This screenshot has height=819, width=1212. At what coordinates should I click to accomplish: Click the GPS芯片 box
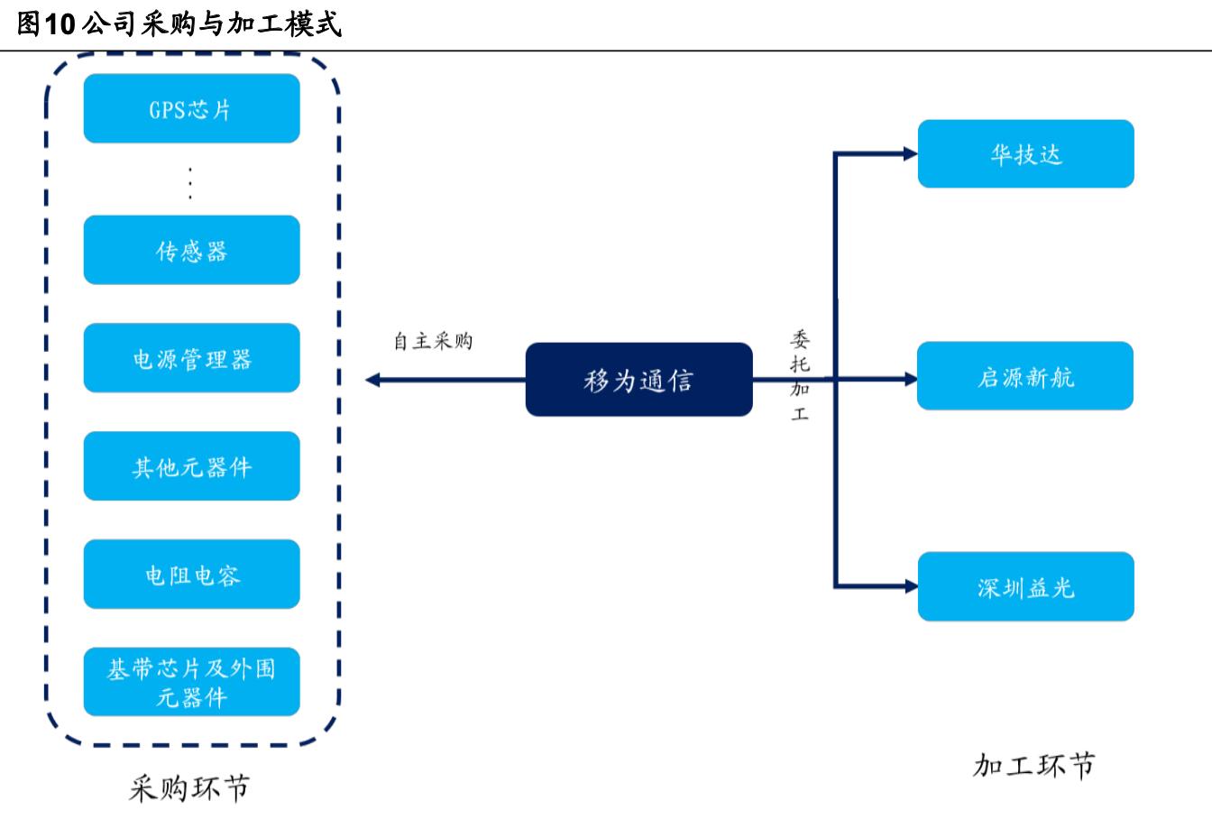191,109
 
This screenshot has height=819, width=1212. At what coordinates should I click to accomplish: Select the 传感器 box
191,250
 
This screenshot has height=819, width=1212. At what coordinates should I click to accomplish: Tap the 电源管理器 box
191,358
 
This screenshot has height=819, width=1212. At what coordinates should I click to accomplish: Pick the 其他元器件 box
191,466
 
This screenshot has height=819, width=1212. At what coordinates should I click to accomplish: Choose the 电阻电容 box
191,575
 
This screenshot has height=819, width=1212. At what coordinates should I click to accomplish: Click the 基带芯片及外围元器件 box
191,682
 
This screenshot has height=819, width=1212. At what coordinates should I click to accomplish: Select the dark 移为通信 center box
638,380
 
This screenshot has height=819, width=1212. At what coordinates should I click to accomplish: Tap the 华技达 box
1025,154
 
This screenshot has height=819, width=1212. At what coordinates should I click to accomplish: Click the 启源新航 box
1025,376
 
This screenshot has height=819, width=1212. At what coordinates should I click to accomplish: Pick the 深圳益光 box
1025,587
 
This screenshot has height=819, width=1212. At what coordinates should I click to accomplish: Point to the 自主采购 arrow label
433,341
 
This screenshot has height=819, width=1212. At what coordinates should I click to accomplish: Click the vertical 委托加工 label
800,376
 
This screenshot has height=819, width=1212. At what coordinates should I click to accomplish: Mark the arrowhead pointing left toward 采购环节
372,381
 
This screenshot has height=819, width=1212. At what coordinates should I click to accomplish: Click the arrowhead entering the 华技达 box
910,154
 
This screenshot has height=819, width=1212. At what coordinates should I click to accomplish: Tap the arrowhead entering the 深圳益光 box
910,587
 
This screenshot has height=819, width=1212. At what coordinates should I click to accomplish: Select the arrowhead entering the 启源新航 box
910,380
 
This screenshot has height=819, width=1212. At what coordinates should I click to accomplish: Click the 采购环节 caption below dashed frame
189,787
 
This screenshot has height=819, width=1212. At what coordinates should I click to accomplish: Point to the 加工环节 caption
1033,766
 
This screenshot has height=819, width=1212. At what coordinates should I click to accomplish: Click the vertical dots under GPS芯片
191,183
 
